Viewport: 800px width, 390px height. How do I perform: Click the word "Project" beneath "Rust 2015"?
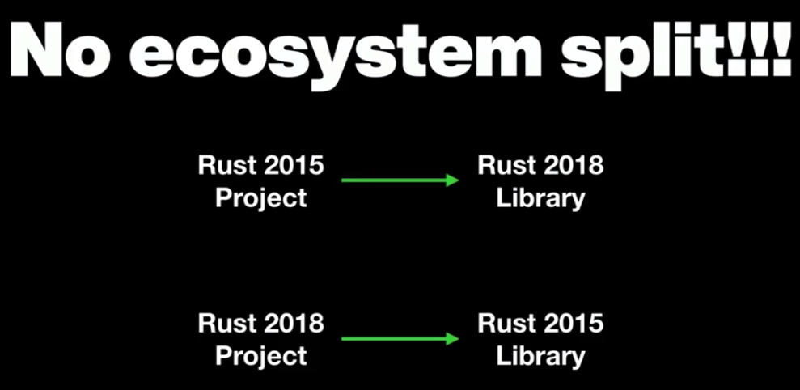(x=260, y=198)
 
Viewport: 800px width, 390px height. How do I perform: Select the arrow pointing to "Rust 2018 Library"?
(x=400, y=180)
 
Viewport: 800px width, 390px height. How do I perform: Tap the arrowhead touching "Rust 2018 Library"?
(x=453, y=180)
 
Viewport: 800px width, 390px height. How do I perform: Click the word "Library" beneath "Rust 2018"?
(x=540, y=198)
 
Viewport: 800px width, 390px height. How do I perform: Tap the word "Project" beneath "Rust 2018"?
(x=260, y=356)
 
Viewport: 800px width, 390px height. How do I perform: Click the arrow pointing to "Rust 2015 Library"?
(x=400, y=338)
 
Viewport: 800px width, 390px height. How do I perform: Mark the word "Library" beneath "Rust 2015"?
(x=540, y=357)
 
